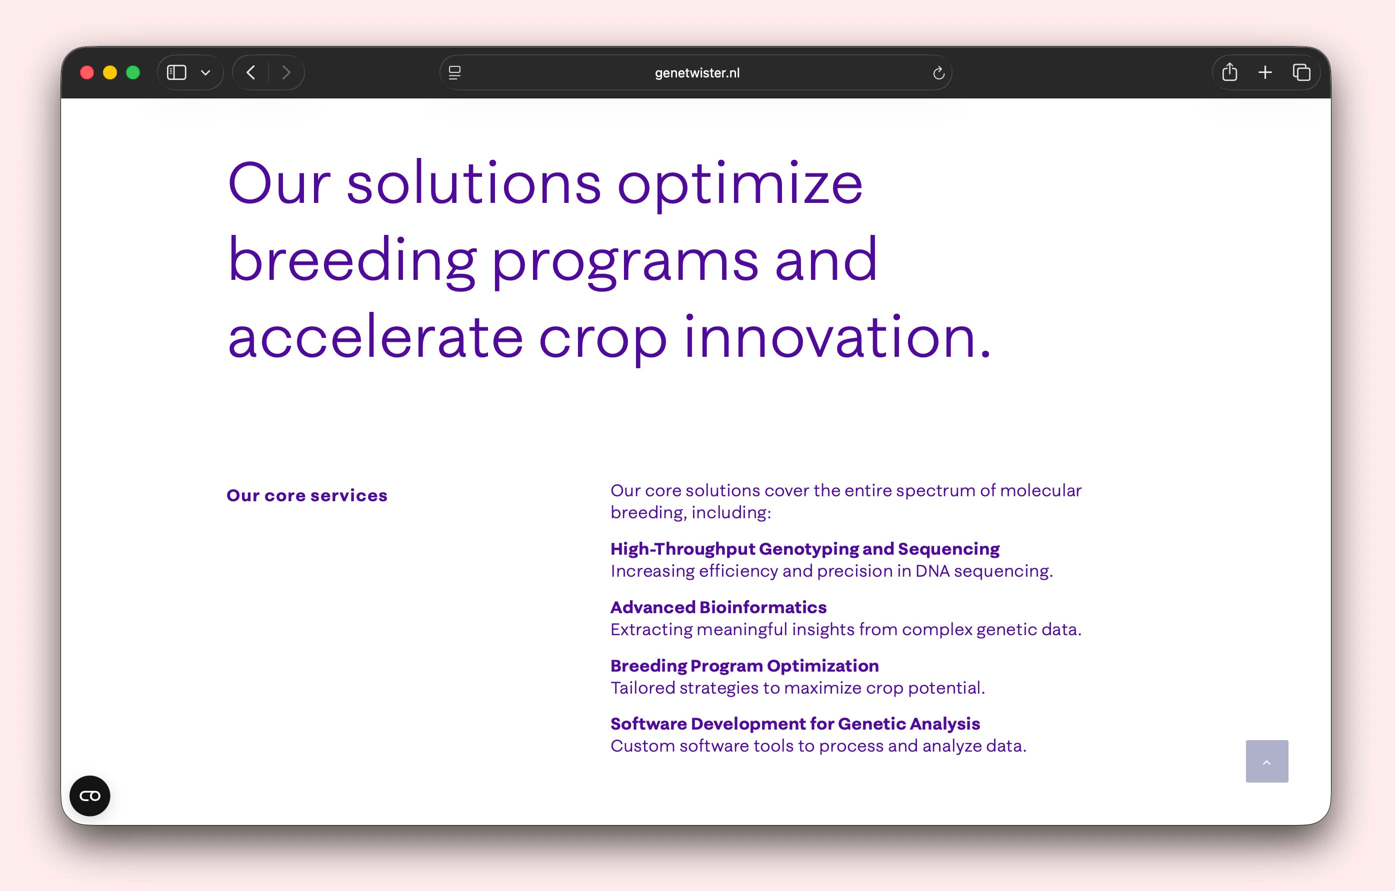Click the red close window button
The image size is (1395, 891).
pyautogui.click(x=87, y=72)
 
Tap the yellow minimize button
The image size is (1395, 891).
pyautogui.click(x=110, y=72)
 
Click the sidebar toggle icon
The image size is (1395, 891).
pyautogui.click(x=176, y=72)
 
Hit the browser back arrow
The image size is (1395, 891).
pyautogui.click(x=251, y=72)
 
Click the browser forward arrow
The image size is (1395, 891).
pyautogui.click(x=286, y=72)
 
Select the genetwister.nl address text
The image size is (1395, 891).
pyautogui.click(x=697, y=73)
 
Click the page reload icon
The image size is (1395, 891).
pyautogui.click(x=938, y=73)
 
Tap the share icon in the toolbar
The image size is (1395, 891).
pyautogui.click(x=1229, y=72)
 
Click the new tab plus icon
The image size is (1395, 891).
pyautogui.click(x=1265, y=72)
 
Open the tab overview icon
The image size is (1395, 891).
pyautogui.click(x=1301, y=72)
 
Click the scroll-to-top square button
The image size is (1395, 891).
pyautogui.click(x=1267, y=761)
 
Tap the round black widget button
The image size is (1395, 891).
pyautogui.click(x=90, y=796)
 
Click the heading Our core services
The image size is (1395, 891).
pyautogui.click(x=307, y=496)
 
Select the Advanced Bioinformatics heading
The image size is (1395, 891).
pyautogui.click(x=718, y=607)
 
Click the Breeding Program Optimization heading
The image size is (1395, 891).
pyautogui.click(x=744, y=666)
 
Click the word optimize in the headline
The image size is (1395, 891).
pyautogui.click(x=740, y=184)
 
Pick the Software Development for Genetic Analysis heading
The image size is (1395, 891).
pyautogui.click(x=795, y=724)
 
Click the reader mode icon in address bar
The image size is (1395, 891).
pyautogui.click(x=455, y=72)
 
